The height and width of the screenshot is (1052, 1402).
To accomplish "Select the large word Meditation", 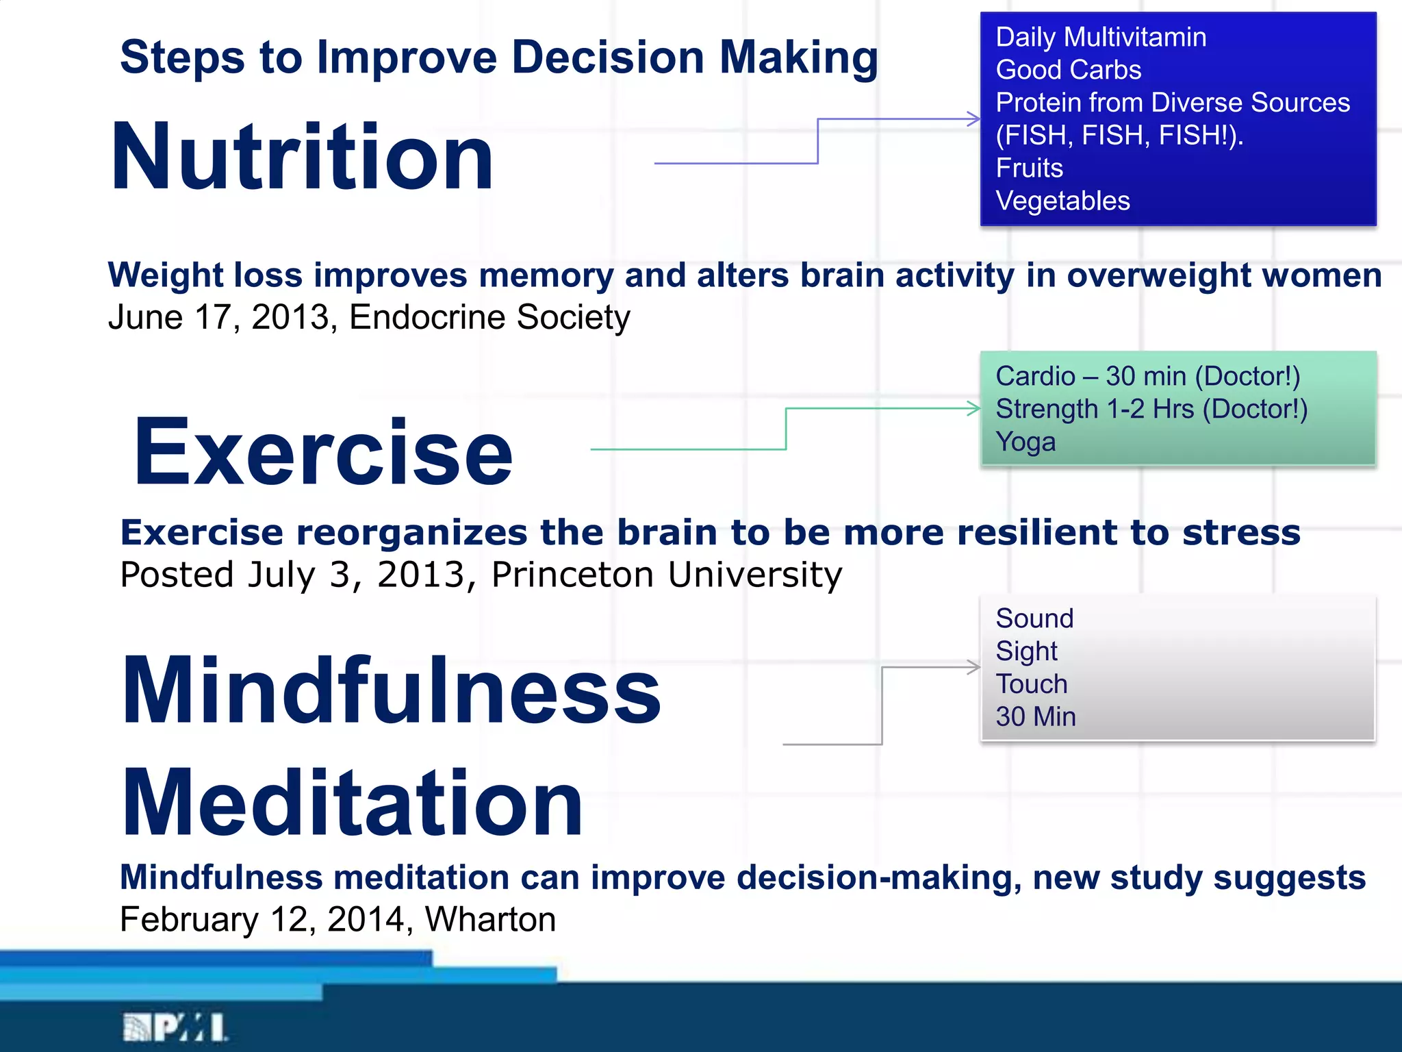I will click(352, 803).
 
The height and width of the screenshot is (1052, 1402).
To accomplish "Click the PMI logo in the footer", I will click(175, 1027).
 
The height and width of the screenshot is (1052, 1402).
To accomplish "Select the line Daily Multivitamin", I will click(1101, 37).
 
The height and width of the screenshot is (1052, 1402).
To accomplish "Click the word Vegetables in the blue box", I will click(1062, 201).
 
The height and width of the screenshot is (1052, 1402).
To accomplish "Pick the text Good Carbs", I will click(1068, 70).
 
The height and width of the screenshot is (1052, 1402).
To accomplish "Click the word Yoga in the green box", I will click(1025, 442).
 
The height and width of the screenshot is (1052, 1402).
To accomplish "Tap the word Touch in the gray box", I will click(1031, 684).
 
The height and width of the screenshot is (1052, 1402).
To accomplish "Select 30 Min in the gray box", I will click(1035, 717).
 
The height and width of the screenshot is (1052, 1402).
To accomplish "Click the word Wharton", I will click(490, 919).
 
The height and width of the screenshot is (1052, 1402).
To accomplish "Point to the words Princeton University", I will click(666, 574).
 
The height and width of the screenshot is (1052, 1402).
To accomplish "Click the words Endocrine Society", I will click(489, 317).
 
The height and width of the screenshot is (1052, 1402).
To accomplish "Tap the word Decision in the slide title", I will click(608, 57).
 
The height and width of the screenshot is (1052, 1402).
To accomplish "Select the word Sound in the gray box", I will click(1034, 618).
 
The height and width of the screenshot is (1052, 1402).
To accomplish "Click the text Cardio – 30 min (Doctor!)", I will click(1147, 377).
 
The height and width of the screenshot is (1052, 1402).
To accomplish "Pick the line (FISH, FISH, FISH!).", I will click(1119, 136).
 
